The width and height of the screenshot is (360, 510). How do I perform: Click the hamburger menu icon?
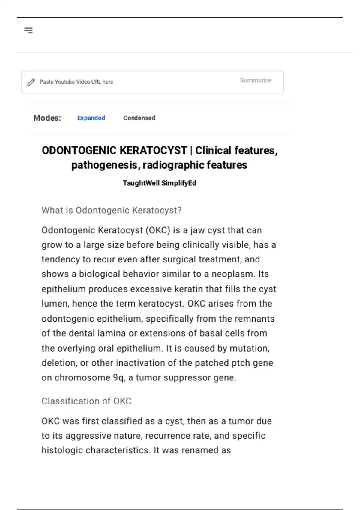pyautogui.click(x=28, y=30)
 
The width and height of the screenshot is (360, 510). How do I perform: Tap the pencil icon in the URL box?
pyautogui.click(x=31, y=82)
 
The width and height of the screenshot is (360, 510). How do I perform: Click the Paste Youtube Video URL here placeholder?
pyautogui.click(x=76, y=82)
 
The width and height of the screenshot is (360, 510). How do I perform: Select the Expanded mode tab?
pyautogui.click(x=91, y=118)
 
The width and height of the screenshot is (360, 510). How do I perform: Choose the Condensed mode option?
pyautogui.click(x=139, y=118)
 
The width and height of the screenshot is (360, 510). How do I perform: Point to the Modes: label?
pyautogui.click(x=47, y=118)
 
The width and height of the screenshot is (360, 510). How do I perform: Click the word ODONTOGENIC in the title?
pyautogui.click(x=79, y=150)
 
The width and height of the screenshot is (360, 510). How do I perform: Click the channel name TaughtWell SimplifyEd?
pyautogui.click(x=159, y=183)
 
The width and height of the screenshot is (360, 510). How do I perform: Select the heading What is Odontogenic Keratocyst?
pyautogui.click(x=112, y=210)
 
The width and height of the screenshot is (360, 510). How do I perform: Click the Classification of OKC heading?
pyautogui.click(x=86, y=401)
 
